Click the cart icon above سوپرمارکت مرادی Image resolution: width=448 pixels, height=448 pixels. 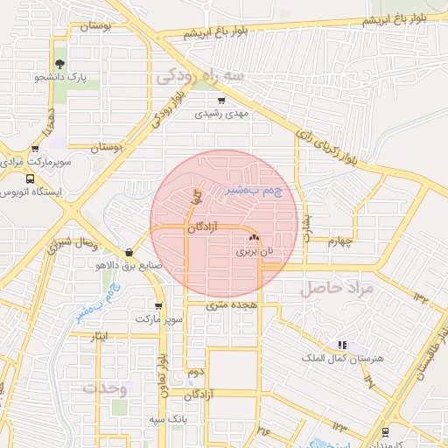tap(35, 150)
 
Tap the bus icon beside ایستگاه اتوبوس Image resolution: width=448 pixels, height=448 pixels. tap(31, 178)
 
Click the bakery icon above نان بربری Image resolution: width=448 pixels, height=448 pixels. tap(254, 237)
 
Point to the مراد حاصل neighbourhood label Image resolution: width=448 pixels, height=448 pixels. tap(337, 287)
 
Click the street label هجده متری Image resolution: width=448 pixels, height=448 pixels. tap(228, 305)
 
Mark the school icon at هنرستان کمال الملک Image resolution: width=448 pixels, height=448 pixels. tap(341, 346)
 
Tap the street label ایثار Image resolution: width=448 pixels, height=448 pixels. tap(100, 336)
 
